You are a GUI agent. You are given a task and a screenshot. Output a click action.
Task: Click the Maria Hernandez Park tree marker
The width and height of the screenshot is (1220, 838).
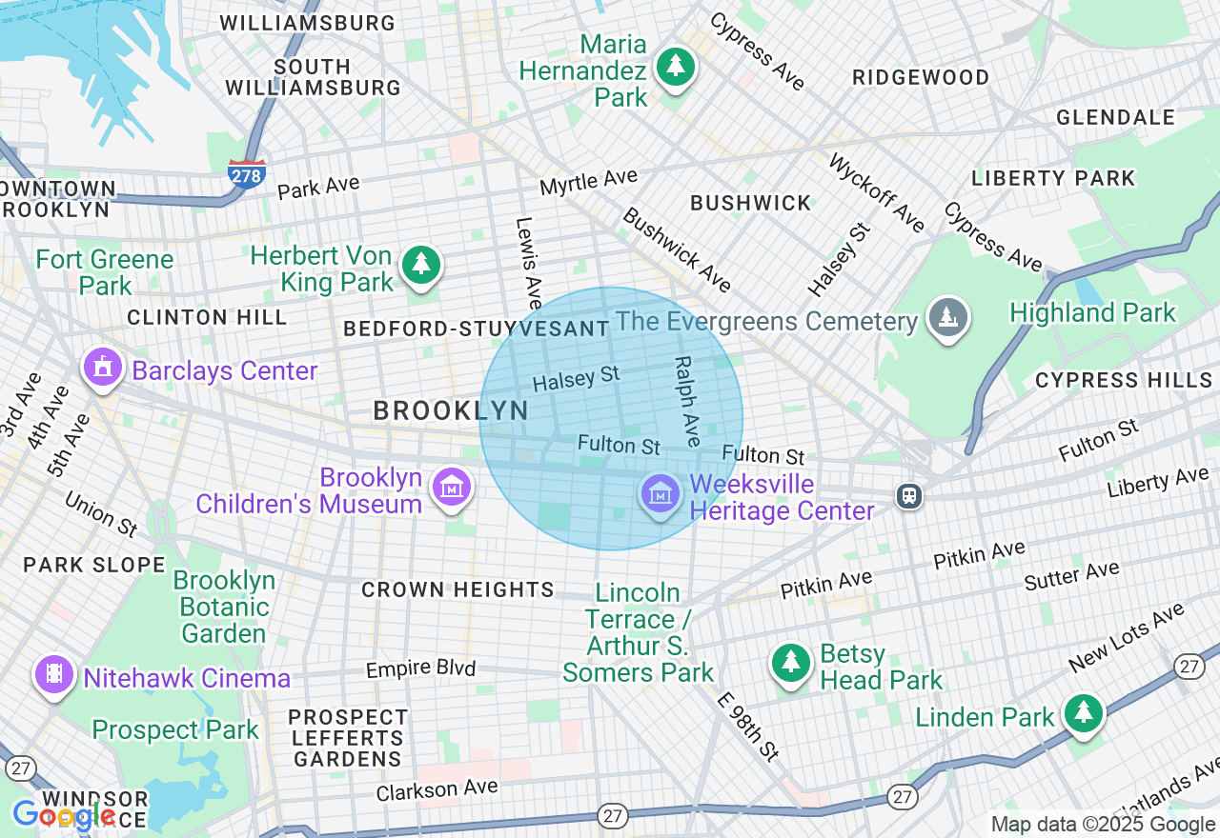pyautogui.click(x=676, y=67)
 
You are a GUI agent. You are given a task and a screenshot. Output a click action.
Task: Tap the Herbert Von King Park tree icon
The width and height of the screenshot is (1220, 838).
pyautogui.click(x=420, y=264)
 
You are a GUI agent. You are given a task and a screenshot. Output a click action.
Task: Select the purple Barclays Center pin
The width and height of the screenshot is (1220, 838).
pyautogui.click(x=103, y=368)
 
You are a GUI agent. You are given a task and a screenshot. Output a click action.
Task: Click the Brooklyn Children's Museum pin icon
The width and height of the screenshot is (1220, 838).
pyautogui.click(x=452, y=488)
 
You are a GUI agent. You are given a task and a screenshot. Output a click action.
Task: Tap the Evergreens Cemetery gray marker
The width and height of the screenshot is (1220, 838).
pyautogui.click(x=946, y=317)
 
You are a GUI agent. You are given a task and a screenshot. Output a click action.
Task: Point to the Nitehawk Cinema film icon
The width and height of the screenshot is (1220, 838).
pyautogui.click(x=55, y=675)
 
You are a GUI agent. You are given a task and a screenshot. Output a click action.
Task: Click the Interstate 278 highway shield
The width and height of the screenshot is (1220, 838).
pyautogui.click(x=246, y=174)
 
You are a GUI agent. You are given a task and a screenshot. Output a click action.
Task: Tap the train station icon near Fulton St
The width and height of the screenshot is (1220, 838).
pyautogui.click(x=910, y=495)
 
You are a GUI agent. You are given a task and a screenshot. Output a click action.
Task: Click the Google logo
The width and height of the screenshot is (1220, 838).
pyautogui.click(x=64, y=815)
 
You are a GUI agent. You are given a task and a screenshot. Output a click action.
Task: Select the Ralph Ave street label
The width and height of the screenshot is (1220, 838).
pyautogui.click(x=687, y=401)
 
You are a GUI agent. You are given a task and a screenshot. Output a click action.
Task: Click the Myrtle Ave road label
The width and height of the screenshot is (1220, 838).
pyautogui.click(x=588, y=181)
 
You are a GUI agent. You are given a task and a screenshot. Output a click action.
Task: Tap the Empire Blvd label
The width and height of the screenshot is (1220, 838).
pyautogui.click(x=420, y=669)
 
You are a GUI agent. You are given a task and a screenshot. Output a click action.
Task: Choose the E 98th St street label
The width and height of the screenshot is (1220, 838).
pyautogui.click(x=750, y=726)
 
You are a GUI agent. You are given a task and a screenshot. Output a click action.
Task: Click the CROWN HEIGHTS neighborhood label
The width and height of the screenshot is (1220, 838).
pyautogui.click(x=457, y=590)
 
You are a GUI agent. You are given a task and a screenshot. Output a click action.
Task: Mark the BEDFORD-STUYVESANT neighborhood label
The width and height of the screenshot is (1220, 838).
pyautogui.click(x=476, y=329)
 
